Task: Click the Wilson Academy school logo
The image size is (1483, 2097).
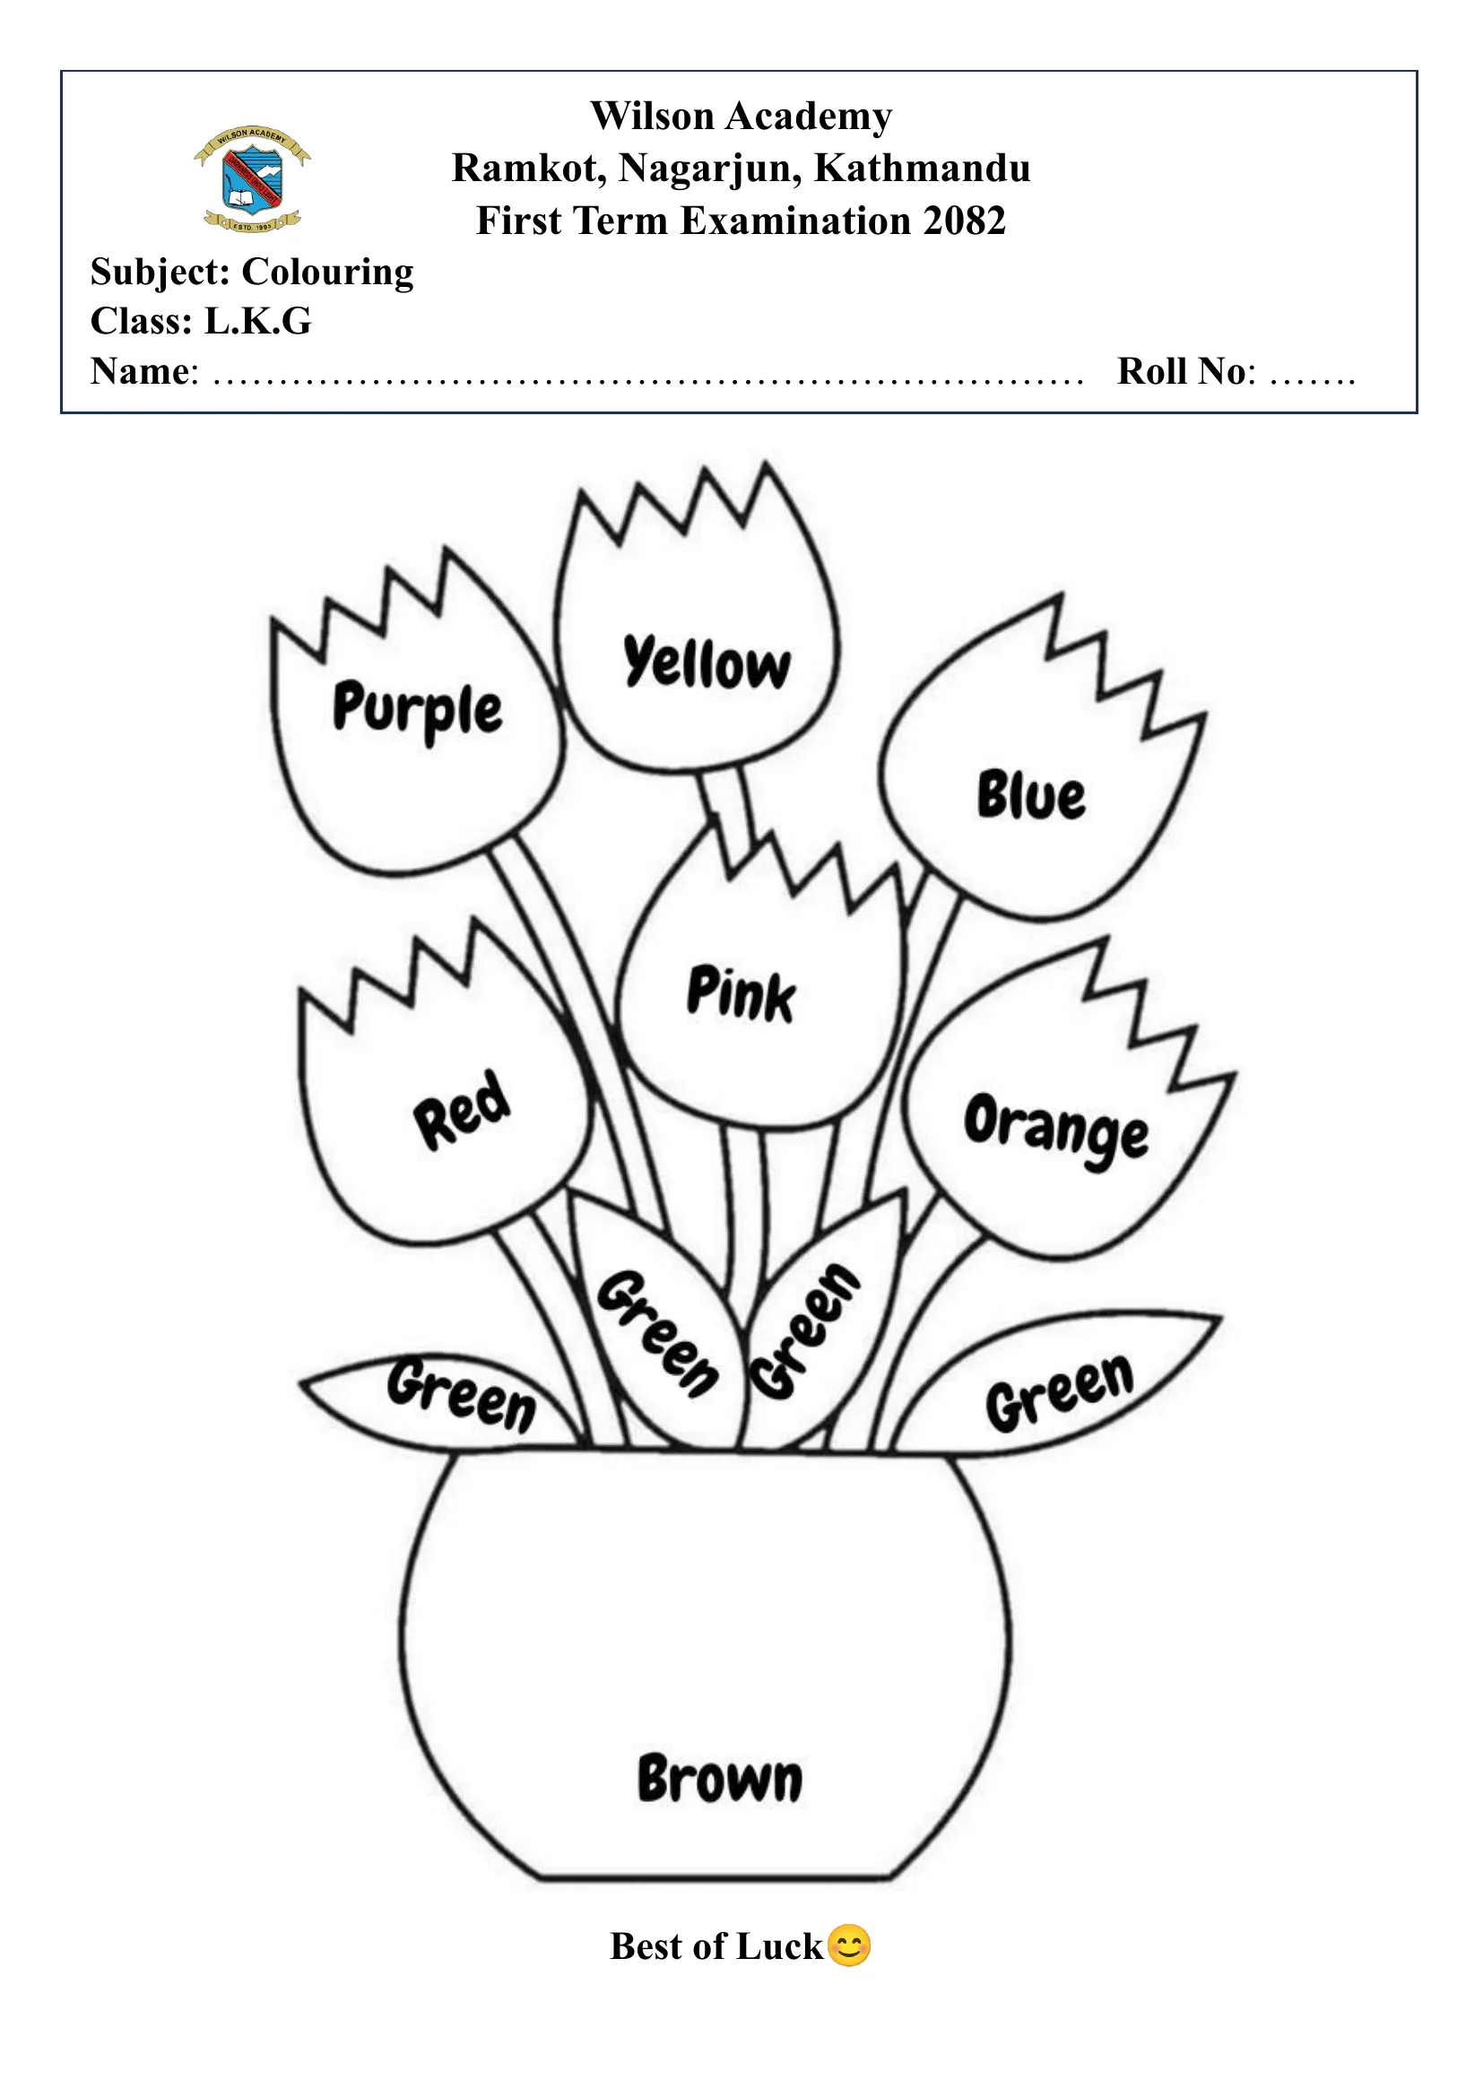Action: (252, 178)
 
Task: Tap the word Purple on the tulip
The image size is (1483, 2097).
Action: (417, 710)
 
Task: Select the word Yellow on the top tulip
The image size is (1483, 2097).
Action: (707, 663)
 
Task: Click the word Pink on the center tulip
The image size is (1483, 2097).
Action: (741, 993)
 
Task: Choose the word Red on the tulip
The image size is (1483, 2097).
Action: (462, 1110)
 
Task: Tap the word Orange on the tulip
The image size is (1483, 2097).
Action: (1056, 1130)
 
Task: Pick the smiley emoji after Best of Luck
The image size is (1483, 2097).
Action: (849, 1945)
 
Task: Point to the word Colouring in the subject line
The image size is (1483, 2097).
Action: (327, 273)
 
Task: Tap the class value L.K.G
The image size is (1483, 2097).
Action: (257, 322)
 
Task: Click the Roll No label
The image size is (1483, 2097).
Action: (1185, 371)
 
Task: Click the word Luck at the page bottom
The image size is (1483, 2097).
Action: (779, 1946)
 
